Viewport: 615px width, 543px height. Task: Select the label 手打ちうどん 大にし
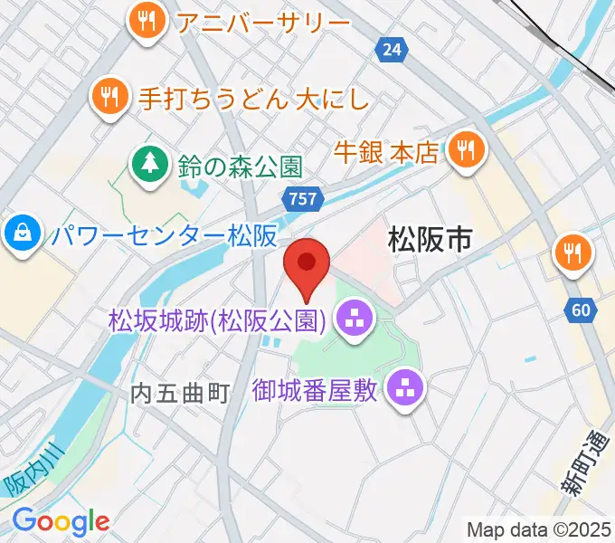tap(253, 98)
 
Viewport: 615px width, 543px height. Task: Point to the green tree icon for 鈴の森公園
tap(147, 164)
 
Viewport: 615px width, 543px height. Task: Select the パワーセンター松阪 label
tap(163, 236)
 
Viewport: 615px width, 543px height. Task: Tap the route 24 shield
tap(391, 51)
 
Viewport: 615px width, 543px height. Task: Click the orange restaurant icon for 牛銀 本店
tap(466, 149)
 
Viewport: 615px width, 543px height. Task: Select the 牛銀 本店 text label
tap(386, 150)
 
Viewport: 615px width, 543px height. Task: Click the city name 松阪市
tap(430, 239)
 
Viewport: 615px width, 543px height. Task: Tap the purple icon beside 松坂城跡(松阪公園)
tap(352, 318)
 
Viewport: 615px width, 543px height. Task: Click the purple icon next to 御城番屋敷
tap(403, 390)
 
